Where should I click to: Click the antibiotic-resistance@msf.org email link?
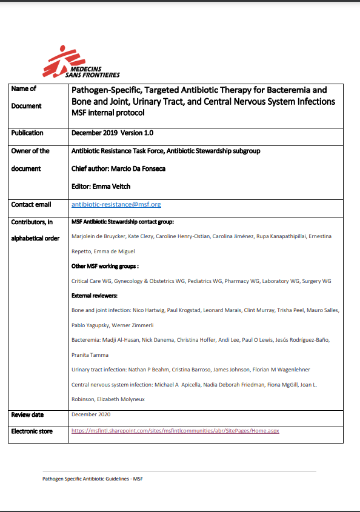click(116, 205)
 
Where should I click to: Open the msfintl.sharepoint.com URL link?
click(175, 431)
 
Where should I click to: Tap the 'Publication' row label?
click(27, 133)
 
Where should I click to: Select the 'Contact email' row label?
click(31, 205)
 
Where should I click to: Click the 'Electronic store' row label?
click(32, 431)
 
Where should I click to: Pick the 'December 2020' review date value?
click(91, 414)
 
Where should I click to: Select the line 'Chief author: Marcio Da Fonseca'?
click(118, 168)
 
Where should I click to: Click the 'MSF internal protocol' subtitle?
click(108, 113)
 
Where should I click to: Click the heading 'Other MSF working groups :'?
click(105, 266)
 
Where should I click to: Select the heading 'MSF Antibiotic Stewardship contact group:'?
click(122, 222)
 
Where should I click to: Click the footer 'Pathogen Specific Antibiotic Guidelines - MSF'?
click(92, 479)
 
